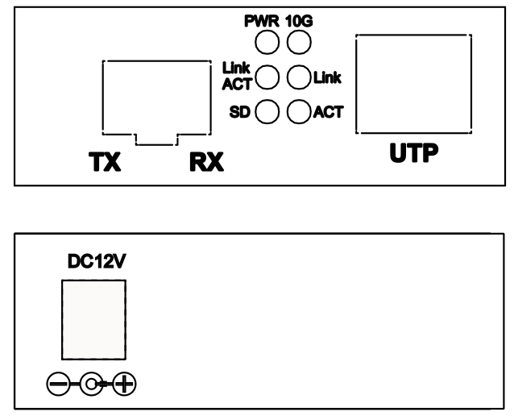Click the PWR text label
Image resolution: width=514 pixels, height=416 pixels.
coord(262,21)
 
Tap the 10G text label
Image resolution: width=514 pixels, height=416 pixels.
coord(299,21)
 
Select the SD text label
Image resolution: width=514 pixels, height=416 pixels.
coord(239,112)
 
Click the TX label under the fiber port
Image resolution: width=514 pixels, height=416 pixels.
coord(105,162)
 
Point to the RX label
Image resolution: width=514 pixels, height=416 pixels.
coord(206,162)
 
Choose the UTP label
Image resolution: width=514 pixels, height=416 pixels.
coord(414,153)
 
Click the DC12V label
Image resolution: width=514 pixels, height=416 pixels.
coord(97,261)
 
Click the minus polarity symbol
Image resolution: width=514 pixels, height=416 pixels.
coord(58,384)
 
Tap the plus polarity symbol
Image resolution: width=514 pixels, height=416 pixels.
coord(124,384)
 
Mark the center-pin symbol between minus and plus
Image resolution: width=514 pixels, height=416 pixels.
coord(91,384)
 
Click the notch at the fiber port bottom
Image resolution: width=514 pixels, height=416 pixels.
coord(156,144)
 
